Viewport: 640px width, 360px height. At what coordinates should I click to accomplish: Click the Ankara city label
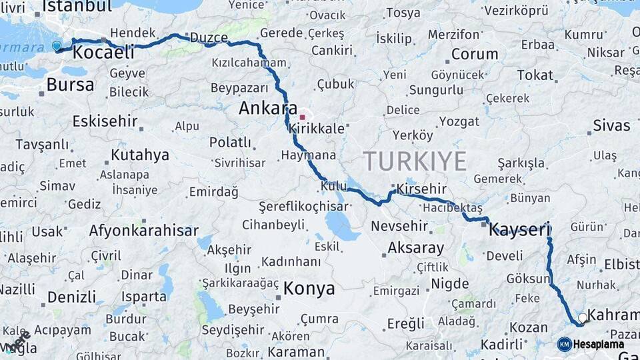coord(268,108)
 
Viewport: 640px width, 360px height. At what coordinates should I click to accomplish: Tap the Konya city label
coord(309,289)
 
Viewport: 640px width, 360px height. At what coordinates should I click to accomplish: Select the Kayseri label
coord(519,231)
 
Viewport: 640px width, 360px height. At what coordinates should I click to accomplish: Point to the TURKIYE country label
coord(415,161)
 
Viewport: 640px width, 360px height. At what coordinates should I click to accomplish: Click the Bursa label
coord(70,85)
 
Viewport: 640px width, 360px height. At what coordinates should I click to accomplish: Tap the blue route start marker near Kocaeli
coord(57,46)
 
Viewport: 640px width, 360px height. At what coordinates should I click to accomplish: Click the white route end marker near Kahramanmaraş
coord(583,318)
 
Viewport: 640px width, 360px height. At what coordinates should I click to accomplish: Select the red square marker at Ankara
coord(302,117)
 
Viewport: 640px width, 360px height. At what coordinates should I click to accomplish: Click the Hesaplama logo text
coord(599,345)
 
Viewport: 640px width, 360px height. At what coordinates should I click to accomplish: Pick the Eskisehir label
coord(105,121)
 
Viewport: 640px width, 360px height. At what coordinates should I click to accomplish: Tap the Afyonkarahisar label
coord(144,231)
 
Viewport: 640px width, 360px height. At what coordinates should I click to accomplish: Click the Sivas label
coord(611,126)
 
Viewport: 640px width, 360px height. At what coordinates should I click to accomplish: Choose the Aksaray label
coord(416,249)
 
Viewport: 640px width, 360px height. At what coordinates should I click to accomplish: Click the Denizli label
coord(71,297)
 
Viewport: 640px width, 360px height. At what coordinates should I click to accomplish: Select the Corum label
coord(475,54)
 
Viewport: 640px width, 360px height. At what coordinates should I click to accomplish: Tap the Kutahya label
coord(140,155)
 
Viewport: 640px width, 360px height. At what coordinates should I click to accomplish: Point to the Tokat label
coord(535,75)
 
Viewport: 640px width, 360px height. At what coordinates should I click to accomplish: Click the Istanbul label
coord(77,7)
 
